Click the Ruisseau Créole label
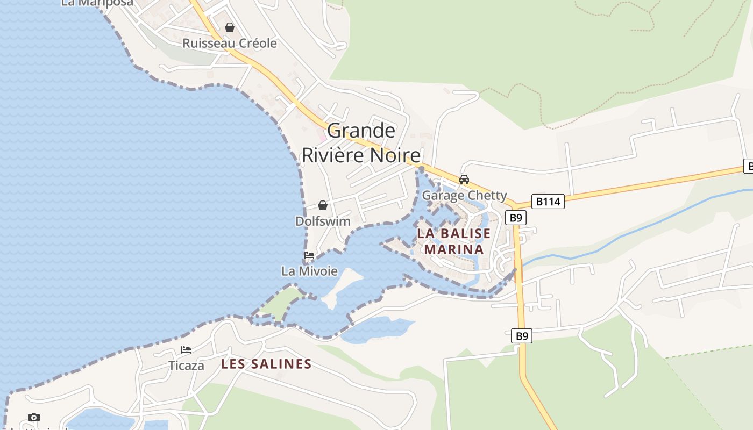coord(230,44)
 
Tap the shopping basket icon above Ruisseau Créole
coord(230,27)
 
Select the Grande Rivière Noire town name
coord(361,142)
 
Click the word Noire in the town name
coord(396,155)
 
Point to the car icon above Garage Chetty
coord(464,180)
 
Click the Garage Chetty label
coord(464,195)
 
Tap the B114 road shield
coord(548,202)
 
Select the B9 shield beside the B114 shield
coord(516,218)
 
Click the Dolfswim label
coord(323,221)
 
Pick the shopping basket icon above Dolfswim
coord(323,205)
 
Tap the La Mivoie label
coord(309,271)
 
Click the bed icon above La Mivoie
coord(309,255)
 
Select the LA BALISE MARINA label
coord(454,241)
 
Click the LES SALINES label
coord(266,364)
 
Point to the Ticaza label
coord(186,365)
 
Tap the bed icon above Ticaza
coord(186,350)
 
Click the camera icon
coord(33,417)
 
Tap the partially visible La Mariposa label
coord(97,3)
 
